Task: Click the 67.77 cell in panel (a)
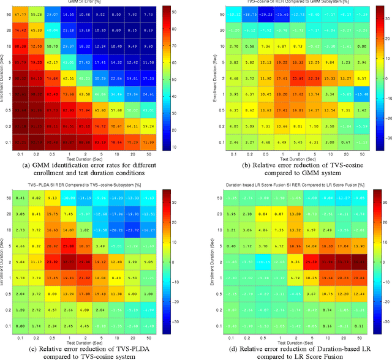21,13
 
